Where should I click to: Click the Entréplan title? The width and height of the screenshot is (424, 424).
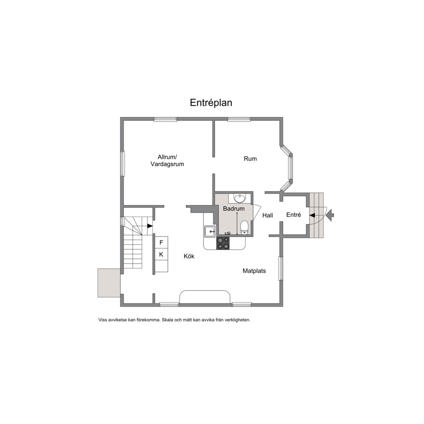tap(211, 103)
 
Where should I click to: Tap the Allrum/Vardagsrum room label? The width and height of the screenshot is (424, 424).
tap(168, 160)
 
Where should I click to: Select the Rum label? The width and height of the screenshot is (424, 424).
tap(250, 159)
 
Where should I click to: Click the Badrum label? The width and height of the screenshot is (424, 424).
tap(234, 209)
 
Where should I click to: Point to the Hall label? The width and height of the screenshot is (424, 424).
tap(268, 215)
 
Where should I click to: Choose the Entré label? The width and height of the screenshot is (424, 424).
tap(294, 215)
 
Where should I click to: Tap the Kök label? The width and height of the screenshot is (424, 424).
tap(189, 256)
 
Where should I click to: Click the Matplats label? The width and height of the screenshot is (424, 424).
tap(254, 271)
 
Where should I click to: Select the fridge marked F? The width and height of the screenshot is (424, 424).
tap(162, 242)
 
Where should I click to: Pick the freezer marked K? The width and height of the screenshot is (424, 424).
tap(162, 254)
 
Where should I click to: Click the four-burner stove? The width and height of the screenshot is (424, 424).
tap(223, 243)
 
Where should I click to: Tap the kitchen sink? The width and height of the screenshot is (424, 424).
tap(210, 232)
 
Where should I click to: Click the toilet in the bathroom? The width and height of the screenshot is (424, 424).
tap(244, 227)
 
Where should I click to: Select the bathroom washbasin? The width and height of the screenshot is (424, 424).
tap(240, 198)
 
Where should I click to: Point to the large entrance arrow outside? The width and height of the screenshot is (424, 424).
tap(330, 215)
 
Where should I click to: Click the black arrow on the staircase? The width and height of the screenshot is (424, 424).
tap(150, 226)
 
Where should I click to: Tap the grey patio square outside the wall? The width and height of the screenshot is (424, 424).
tap(109, 283)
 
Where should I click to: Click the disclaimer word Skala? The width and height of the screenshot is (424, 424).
tap(167, 320)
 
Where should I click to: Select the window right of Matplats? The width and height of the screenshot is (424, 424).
tap(281, 268)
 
